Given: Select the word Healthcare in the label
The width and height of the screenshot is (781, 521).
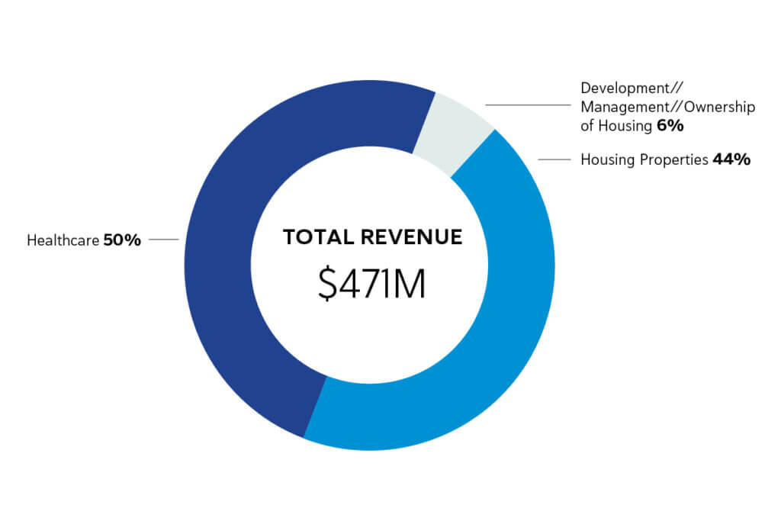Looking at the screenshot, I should [x=63, y=240].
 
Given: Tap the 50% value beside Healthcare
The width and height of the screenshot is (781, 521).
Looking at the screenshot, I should [x=122, y=240].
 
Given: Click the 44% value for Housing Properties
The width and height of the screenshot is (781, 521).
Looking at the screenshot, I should [x=731, y=159].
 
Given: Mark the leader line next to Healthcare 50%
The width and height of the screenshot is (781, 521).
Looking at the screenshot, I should [x=164, y=240].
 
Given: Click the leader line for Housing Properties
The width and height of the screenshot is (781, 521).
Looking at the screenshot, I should [x=555, y=159].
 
